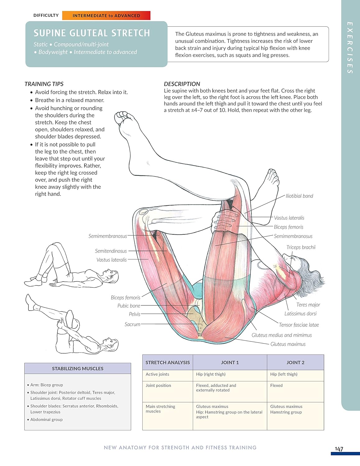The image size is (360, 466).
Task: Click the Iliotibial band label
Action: (299, 196)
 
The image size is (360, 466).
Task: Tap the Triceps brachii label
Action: (301, 247)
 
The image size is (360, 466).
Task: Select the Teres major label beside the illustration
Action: (308, 305)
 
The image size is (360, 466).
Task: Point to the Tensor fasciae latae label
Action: (298, 325)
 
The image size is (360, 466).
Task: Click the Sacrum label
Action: (132, 324)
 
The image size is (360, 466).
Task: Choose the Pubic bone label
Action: (128, 306)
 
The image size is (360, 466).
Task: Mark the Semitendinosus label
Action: (111, 251)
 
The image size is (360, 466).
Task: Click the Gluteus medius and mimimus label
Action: (281, 335)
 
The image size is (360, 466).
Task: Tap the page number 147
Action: (339, 449)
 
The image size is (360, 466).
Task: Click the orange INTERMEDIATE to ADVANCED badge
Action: (106, 16)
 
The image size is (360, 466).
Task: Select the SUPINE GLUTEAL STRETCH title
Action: (92, 33)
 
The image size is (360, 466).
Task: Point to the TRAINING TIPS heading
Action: (44, 84)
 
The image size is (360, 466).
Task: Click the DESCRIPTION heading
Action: (182, 84)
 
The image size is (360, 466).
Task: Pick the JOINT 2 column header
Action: (295, 363)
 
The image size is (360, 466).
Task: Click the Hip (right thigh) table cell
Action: (210, 374)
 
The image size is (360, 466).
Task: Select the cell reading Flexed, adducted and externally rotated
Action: (216, 388)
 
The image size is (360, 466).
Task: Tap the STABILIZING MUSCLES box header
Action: (77, 368)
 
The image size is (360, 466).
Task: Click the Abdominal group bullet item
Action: (46, 419)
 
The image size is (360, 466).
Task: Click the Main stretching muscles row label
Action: (160, 409)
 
